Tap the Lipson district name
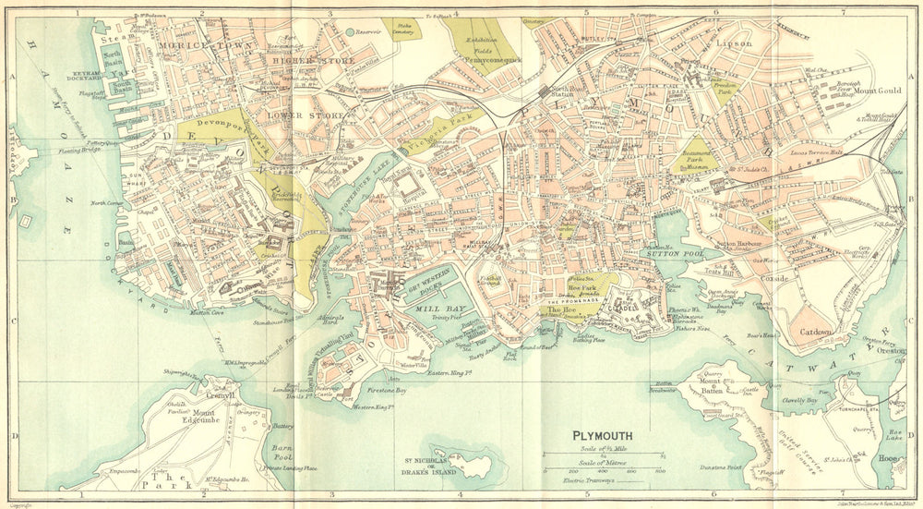[736, 42]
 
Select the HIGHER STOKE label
[301, 62]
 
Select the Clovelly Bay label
[799, 401]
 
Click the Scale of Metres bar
[605, 470]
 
